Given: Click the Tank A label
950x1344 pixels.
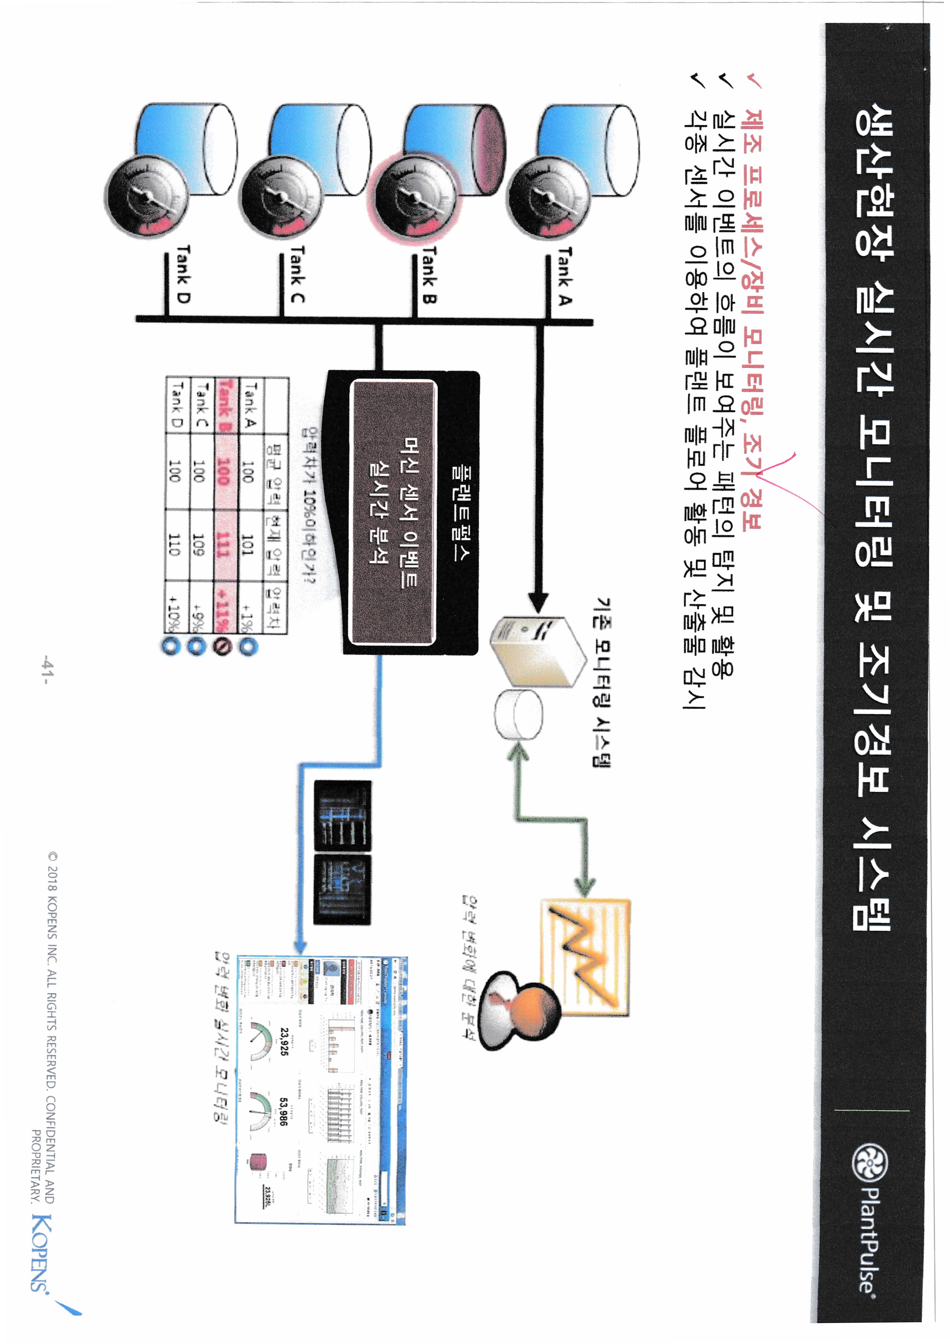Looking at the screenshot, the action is coord(565,275).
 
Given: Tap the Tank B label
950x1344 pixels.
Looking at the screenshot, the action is coord(430,275).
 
